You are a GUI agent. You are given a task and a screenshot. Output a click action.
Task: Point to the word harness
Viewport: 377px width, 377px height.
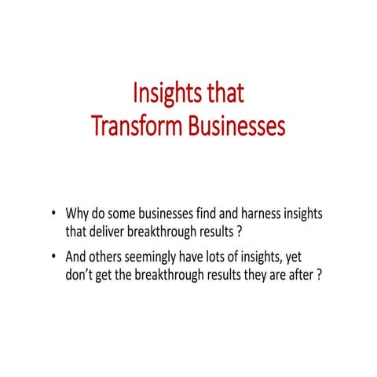click(x=250, y=214)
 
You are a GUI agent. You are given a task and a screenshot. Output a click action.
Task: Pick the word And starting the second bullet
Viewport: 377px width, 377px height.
click(x=76, y=259)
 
